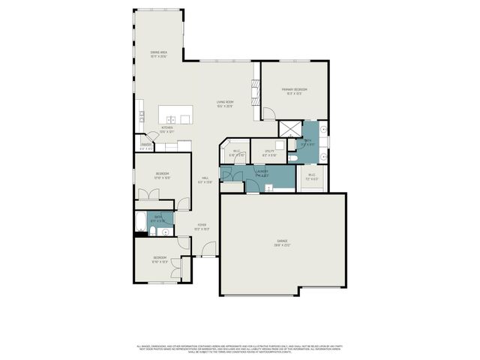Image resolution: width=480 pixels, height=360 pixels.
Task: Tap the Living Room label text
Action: click(x=225, y=104)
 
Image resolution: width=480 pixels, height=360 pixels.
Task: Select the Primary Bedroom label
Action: click(x=294, y=91)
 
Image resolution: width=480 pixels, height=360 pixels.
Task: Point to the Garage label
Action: click(x=283, y=243)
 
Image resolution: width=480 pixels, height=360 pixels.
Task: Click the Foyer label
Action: click(x=202, y=226)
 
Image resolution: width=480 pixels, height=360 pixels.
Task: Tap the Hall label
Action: click(x=205, y=180)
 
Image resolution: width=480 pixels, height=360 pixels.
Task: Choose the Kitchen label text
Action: click(x=167, y=129)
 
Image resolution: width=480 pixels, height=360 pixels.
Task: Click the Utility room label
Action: click(x=269, y=153)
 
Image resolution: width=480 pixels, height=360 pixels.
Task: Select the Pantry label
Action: click(x=145, y=146)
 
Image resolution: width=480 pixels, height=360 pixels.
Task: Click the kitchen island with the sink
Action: click(x=175, y=115)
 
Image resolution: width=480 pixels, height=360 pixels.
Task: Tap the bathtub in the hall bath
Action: click(x=140, y=221)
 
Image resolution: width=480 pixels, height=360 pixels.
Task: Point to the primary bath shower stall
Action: click(x=289, y=128)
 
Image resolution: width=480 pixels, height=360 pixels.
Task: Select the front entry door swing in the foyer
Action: click(x=209, y=249)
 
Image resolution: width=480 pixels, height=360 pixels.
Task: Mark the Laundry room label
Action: click(x=262, y=173)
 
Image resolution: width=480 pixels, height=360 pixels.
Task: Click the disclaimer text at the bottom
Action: click(x=239, y=349)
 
